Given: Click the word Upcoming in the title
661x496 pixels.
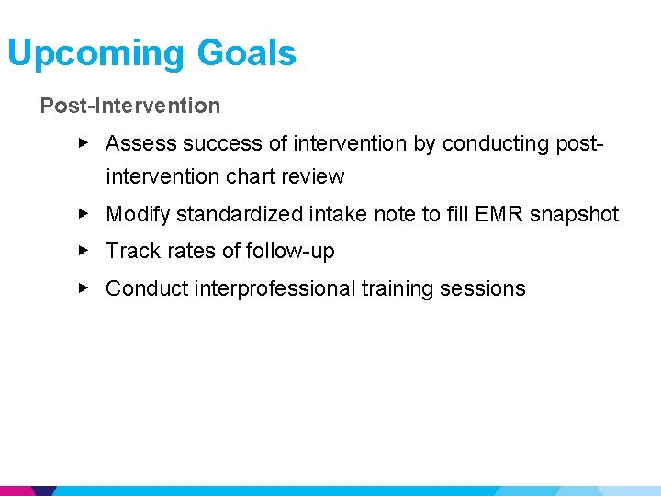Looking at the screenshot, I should click(95, 53).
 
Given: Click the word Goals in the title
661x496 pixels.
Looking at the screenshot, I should click(246, 52).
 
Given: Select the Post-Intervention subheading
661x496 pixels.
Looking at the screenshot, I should click(129, 106).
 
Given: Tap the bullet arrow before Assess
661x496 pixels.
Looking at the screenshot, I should click(84, 142).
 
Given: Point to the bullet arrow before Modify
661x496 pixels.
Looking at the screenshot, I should click(84, 213).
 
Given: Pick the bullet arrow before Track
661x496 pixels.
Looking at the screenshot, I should click(84, 250).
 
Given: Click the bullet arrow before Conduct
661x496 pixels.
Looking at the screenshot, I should click(84, 287).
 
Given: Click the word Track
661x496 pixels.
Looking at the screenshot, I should click(130, 251).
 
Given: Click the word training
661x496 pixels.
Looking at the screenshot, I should click(397, 288).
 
